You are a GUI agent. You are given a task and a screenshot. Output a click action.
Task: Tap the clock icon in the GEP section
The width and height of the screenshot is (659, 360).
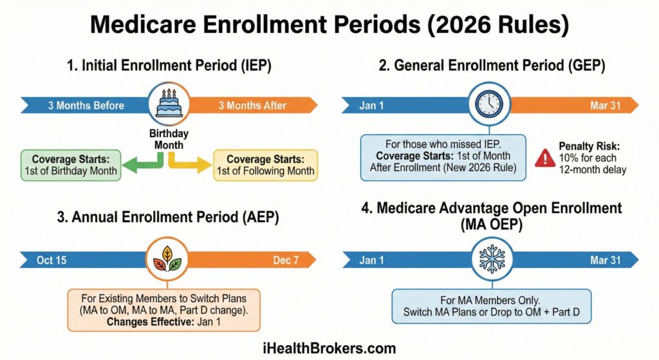[x=489, y=104]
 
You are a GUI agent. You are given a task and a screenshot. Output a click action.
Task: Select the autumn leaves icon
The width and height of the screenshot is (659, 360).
[x=167, y=259]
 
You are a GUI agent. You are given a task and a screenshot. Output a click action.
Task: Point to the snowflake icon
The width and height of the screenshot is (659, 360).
[x=492, y=259]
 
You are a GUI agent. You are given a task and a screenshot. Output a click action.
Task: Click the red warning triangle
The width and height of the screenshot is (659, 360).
[x=545, y=158]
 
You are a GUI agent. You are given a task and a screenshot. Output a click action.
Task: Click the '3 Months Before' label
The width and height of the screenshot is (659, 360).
[x=86, y=106]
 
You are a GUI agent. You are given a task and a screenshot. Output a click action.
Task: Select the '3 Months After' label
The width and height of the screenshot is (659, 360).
[x=252, y=106]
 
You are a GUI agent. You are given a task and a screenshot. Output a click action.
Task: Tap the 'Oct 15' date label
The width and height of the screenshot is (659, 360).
[x=51, y=260]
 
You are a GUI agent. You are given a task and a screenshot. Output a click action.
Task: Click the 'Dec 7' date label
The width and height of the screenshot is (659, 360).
[x=286, y=260]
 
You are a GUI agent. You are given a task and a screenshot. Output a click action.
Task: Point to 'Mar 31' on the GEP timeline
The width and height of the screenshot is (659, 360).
[x=605, y=106]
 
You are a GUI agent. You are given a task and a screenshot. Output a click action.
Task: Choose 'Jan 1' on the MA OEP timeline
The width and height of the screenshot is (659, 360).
[x=371, y=260]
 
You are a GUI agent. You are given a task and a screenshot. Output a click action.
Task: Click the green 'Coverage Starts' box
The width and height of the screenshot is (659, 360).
[x=71, y=166]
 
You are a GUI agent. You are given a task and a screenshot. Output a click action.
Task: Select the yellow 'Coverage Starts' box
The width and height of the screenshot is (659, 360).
[x=266, y=166]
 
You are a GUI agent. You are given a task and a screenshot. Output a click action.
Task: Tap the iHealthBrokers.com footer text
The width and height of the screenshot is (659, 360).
[x=329, y=348]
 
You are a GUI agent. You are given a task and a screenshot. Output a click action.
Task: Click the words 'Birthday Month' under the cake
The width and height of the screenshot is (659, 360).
[x=169, y=139]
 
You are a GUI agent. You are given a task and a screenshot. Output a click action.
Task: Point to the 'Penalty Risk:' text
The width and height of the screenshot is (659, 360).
[x=589, y=146]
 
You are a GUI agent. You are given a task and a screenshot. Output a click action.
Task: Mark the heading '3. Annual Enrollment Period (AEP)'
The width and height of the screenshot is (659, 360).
[x=168, y=218]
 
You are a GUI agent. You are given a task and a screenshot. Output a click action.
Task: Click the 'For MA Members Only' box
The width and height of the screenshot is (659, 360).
[x=491, y=306]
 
